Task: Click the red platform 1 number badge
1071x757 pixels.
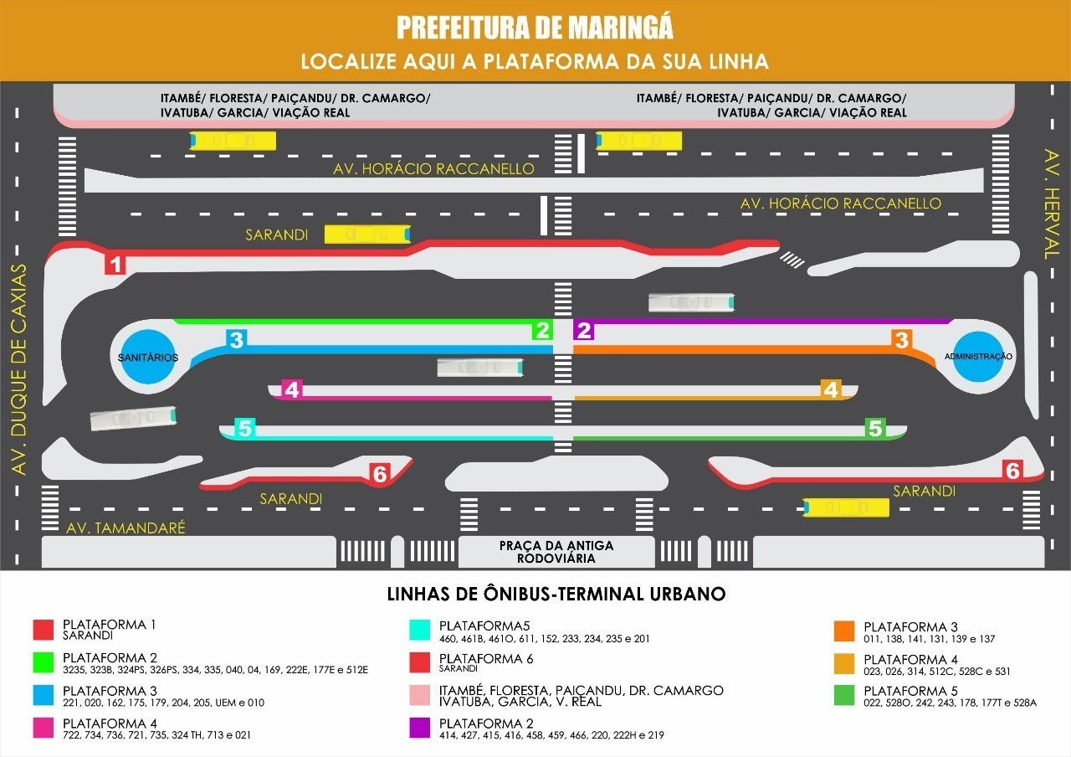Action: pyautogui.click(x=115, y=265)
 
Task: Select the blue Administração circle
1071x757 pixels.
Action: pyautogui.click(x=978, y=357)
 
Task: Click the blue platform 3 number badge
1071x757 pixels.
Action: pyautogui.click(x=237, y=340)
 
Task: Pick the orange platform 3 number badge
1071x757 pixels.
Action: pyautogui.click(x=901, y=340)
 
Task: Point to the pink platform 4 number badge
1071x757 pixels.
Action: pyautogui.click(x=291, y=389)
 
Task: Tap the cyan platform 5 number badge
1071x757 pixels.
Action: pyautogui.click(x=244, y=429)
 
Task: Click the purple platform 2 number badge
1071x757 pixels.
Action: pyautogui.click(x=584, y=330)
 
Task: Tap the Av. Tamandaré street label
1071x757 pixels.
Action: pyautogui.click(x=126, y=528)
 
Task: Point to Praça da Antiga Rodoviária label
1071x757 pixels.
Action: pyautogui.click(x=556, y=552)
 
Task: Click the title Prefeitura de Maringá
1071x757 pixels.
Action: pyautogui.click(x=535, y=28)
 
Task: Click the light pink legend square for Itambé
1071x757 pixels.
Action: pyautogui.click(x=419, y=696)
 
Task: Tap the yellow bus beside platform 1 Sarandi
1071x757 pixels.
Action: pyautogui.click(x=367, y=234)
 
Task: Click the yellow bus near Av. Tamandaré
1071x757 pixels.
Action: pyautogui.click(x=845, y=507)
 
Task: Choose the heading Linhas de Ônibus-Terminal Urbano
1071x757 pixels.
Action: pyautogui.click(x=556, y=595)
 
